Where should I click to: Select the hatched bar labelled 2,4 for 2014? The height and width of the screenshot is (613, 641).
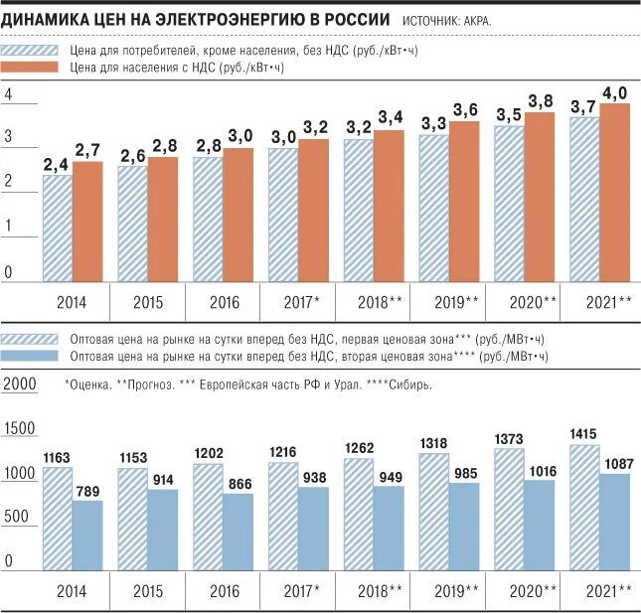click(57, 229)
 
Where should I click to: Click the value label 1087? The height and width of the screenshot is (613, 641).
click(615, 462)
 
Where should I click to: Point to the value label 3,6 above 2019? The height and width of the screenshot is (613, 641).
click(465, 109)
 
